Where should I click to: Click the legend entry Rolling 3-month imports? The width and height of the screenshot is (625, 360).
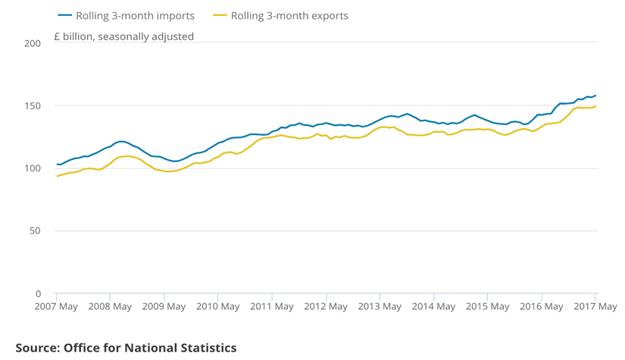136,15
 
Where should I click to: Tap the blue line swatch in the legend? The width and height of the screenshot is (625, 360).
65,15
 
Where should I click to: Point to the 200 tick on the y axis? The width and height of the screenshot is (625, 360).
32,43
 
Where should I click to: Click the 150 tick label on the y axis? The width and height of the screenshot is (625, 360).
32,105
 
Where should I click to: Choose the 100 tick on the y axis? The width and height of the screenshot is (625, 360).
32,168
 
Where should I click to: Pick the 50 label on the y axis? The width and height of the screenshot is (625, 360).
35,230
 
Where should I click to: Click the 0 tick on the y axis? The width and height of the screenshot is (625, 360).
38,293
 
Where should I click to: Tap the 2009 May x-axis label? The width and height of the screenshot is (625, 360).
164,307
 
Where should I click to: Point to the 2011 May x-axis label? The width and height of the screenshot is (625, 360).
272,307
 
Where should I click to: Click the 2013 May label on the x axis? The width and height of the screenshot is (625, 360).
380,307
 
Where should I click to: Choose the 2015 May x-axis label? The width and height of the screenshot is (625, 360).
487,307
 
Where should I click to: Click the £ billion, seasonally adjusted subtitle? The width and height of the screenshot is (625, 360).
123,36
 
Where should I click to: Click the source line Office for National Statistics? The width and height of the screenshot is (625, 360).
126,348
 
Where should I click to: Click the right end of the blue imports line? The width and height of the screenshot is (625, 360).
596,95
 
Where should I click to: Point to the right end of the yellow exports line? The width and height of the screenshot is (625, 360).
596,106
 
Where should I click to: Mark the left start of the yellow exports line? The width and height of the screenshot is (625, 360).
57,176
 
